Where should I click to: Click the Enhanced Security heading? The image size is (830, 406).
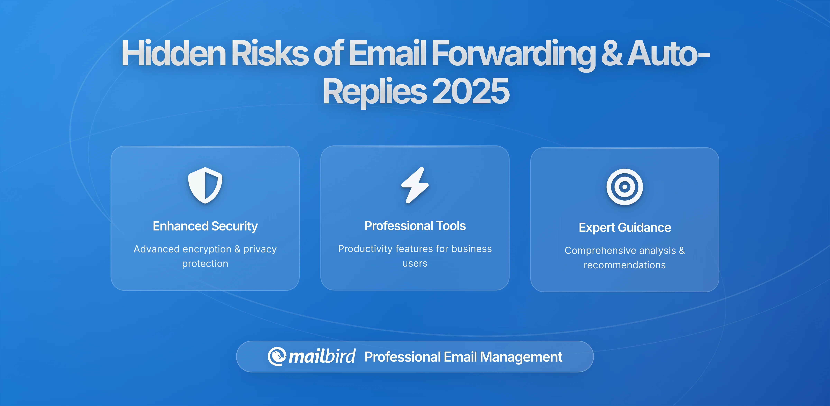205,226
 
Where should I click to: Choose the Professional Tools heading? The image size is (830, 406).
415,226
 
